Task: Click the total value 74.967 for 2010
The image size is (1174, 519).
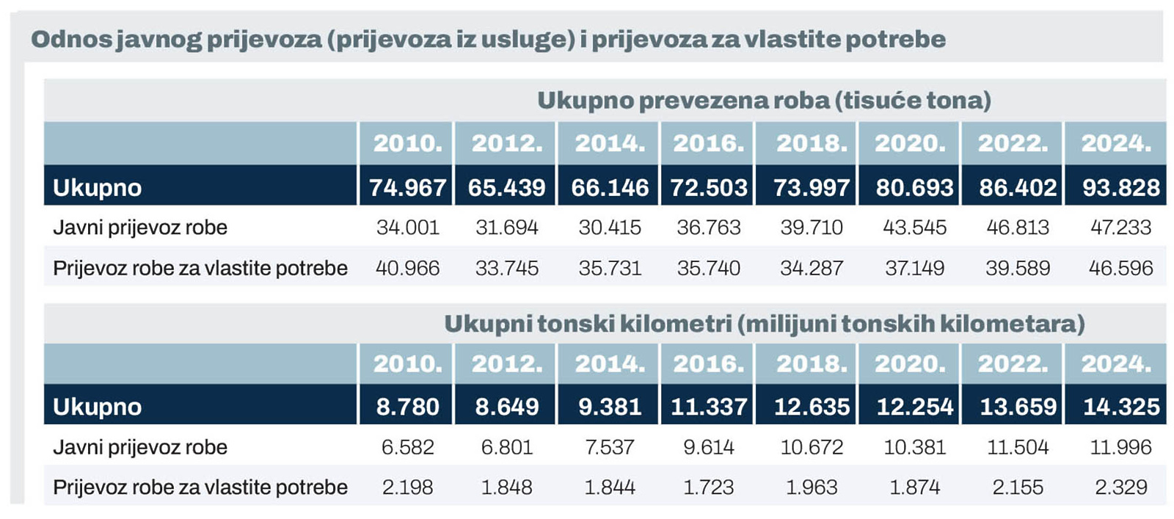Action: tap(407, 187)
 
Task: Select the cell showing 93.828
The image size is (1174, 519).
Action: tap(1120, 187)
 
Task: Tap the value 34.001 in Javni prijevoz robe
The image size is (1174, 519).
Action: tap(407, 228)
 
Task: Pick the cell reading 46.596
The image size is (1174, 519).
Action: tap(1120, 268)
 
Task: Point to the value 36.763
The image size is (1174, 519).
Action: tap(708, 228)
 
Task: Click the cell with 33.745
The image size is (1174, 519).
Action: tap(506, 268)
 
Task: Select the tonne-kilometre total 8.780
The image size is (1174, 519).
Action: tap(407, 407)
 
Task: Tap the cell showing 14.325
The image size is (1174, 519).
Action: tap(1120, 407)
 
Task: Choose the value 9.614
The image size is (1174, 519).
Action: tap(708, 447)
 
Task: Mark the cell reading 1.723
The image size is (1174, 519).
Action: tap(708, 487)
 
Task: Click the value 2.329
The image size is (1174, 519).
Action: tap(1120, 487)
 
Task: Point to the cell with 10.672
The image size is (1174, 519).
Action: tap(812, 447)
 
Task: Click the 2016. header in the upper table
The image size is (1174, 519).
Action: tap(708, 143)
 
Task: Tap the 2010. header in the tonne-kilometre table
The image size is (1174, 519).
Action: tap(407, 363)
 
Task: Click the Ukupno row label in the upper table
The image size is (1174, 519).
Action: tap(97, 188)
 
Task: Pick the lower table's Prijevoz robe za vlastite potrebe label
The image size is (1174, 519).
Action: tap(200, 487)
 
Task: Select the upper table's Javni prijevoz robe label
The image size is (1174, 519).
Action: tap(139, 228)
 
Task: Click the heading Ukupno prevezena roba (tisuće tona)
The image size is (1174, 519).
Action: tap(763, 101)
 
